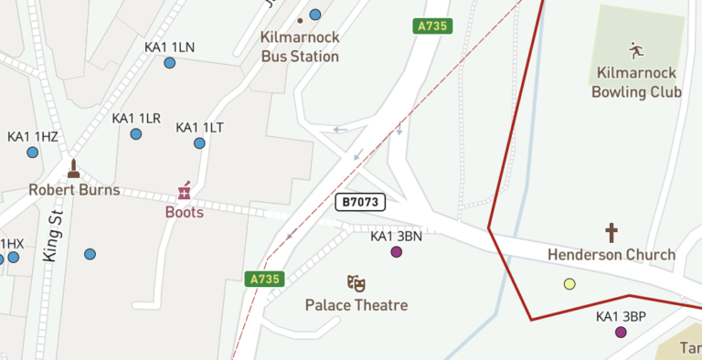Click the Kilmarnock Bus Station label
pos(300,47)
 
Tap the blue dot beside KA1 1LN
pos(170,63)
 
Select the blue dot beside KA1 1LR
pos(136,134)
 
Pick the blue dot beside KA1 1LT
pos(199,143)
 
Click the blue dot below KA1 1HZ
pos(33,153)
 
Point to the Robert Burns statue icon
pos(73,169)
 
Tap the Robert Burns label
pos(74,190)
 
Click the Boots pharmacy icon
pos(185,190)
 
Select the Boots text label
pos(185,212)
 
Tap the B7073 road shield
pos(360,202)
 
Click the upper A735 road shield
pos(432,26)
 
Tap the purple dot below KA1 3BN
pos(397,252)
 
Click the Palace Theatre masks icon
pos(356,283)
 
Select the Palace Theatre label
pos(356,305)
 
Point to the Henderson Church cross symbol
pos(612,233)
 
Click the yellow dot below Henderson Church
pos(570,284)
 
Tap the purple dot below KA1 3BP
pos(622,333)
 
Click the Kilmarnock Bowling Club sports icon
pos(636,49)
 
